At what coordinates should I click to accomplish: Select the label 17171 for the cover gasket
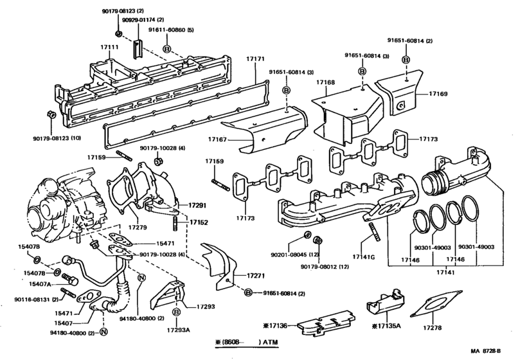[255, 59]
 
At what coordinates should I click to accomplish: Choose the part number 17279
[138, 227]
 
